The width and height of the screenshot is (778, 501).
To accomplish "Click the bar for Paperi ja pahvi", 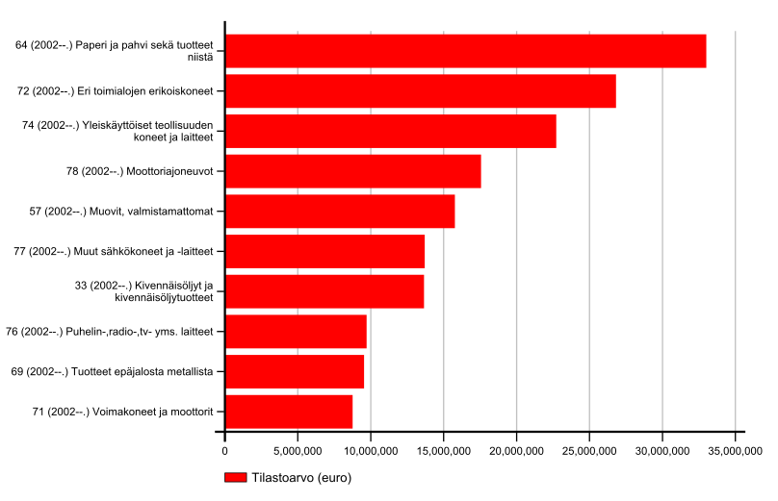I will pos(465,51).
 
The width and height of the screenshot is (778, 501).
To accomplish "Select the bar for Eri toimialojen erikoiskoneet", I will pos(420,91).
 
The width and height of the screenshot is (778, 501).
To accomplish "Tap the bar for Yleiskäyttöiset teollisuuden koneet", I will pos(390,131).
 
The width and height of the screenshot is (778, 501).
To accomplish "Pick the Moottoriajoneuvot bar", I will pos(352,171).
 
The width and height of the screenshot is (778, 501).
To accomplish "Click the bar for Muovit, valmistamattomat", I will pos(339,212).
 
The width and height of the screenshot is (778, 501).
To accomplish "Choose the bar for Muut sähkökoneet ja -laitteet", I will pos(324,251).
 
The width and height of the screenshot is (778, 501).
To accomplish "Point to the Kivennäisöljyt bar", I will pos(324,291).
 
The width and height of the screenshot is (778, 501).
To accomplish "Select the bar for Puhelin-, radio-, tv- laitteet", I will pos(296,332).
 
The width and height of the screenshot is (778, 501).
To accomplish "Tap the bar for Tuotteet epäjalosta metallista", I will pos(294,371).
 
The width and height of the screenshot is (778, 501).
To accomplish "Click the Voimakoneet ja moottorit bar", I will pos(288,412).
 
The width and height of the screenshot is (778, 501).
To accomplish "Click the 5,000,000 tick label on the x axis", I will pos(298,449).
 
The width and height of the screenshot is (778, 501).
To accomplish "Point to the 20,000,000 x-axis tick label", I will pos(516,449).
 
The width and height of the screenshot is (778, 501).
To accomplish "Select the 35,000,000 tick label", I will pos(735,449).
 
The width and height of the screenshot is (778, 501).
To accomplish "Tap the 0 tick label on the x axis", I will pos(225,449).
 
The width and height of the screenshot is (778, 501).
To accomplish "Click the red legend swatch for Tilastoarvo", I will pos(235,478).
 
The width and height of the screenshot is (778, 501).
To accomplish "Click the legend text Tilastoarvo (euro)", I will pos(300,478).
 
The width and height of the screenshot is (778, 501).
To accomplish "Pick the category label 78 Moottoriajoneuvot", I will pos(147,171).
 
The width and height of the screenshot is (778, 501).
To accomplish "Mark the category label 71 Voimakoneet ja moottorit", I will pos(122,412).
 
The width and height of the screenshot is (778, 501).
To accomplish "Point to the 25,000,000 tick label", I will pos(589,449).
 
